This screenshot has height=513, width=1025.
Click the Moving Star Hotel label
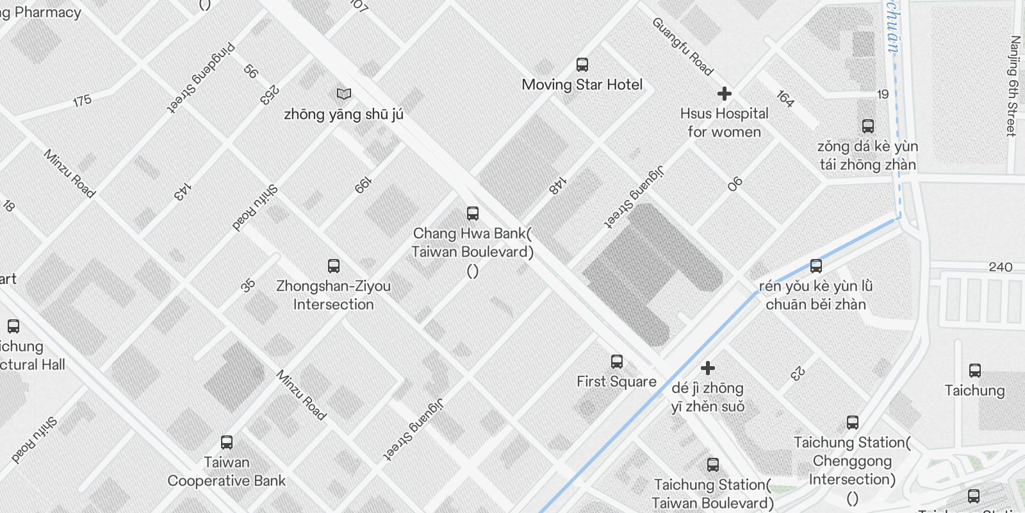(582, 85)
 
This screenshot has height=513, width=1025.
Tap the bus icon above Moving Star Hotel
(582, 64)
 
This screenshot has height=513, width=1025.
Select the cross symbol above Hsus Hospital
(724, 94)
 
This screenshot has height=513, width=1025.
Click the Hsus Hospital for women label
(724, 122)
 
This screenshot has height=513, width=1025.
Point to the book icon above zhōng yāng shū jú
(344, 94)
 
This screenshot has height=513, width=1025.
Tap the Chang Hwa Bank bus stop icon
(473, 213)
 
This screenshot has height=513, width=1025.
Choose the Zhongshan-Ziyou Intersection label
(333, 295)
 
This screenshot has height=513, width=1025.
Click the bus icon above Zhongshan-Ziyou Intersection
(333, 265)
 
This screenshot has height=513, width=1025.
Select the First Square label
(616, 382)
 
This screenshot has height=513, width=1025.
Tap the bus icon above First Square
(616, 361)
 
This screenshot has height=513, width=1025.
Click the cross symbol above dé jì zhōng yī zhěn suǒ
(707, 368)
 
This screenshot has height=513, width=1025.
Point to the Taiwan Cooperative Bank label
(226, 471)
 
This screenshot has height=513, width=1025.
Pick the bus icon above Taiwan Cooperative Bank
(226, 442)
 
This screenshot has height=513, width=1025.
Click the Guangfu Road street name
(683, 46)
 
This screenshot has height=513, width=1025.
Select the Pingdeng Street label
(201, 78)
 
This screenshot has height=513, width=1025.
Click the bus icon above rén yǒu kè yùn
(816, 265)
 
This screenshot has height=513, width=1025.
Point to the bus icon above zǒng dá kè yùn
(867, 126)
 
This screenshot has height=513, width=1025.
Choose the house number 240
(1000, 267)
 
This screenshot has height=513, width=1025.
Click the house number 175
(82, 101)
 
